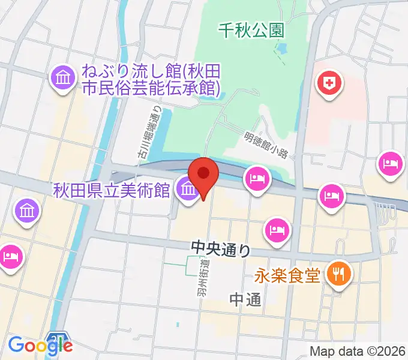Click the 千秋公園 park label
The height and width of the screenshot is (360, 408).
coord(251,29)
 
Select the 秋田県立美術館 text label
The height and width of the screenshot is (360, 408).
coord(112,191)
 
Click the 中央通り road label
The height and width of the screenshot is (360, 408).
coord(220,247)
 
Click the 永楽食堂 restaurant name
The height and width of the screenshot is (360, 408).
coord(286,275)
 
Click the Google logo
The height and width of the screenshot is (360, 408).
coord(40,345)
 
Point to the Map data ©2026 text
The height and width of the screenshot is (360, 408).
coord(358,351)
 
